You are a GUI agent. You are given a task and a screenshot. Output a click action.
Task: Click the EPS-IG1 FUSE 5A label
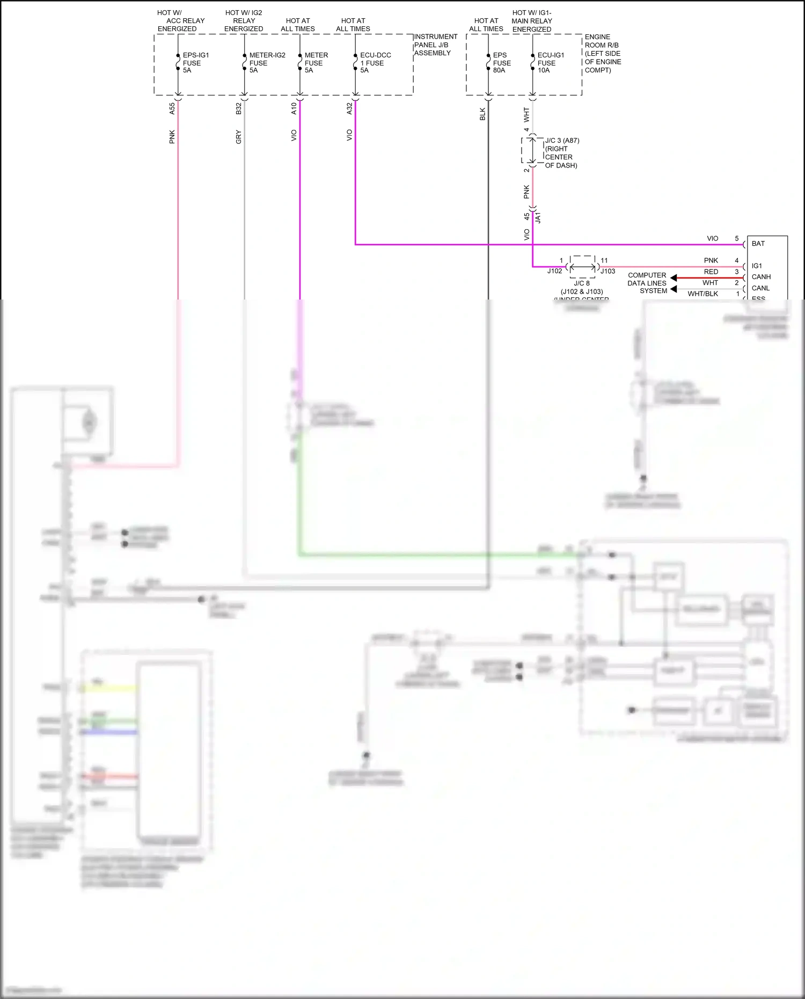click(195, 63)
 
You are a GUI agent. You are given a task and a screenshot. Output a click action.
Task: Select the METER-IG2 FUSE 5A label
click(267, 63)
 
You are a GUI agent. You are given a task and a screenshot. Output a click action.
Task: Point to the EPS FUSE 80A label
click(501, 63)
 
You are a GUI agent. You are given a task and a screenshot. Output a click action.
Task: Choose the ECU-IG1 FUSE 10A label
click(551, 63)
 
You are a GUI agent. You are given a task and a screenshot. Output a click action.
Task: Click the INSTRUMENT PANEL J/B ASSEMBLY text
click(435, 45)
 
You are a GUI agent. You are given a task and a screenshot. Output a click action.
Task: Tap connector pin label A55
click(172, 108)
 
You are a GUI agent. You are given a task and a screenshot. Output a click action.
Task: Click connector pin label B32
click(239, 108)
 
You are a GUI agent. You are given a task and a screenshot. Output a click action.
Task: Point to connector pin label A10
click(294, 108)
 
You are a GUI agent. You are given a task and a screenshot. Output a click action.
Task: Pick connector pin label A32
click(349, 108)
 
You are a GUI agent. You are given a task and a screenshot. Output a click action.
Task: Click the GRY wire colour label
click(239, 137)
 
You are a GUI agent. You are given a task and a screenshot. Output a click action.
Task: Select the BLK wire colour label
click(482, 114)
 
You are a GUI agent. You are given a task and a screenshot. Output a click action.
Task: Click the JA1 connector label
click(538, 217)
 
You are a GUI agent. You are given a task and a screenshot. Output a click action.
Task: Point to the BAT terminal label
click(758, 244)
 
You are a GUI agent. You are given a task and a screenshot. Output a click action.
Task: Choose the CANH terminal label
click(761, 277)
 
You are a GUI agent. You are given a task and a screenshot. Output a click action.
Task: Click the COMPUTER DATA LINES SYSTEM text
click(647, 283)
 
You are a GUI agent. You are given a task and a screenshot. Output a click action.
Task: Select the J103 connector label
click(608, 271)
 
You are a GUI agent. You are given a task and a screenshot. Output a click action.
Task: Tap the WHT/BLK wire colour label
click(702, 294)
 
